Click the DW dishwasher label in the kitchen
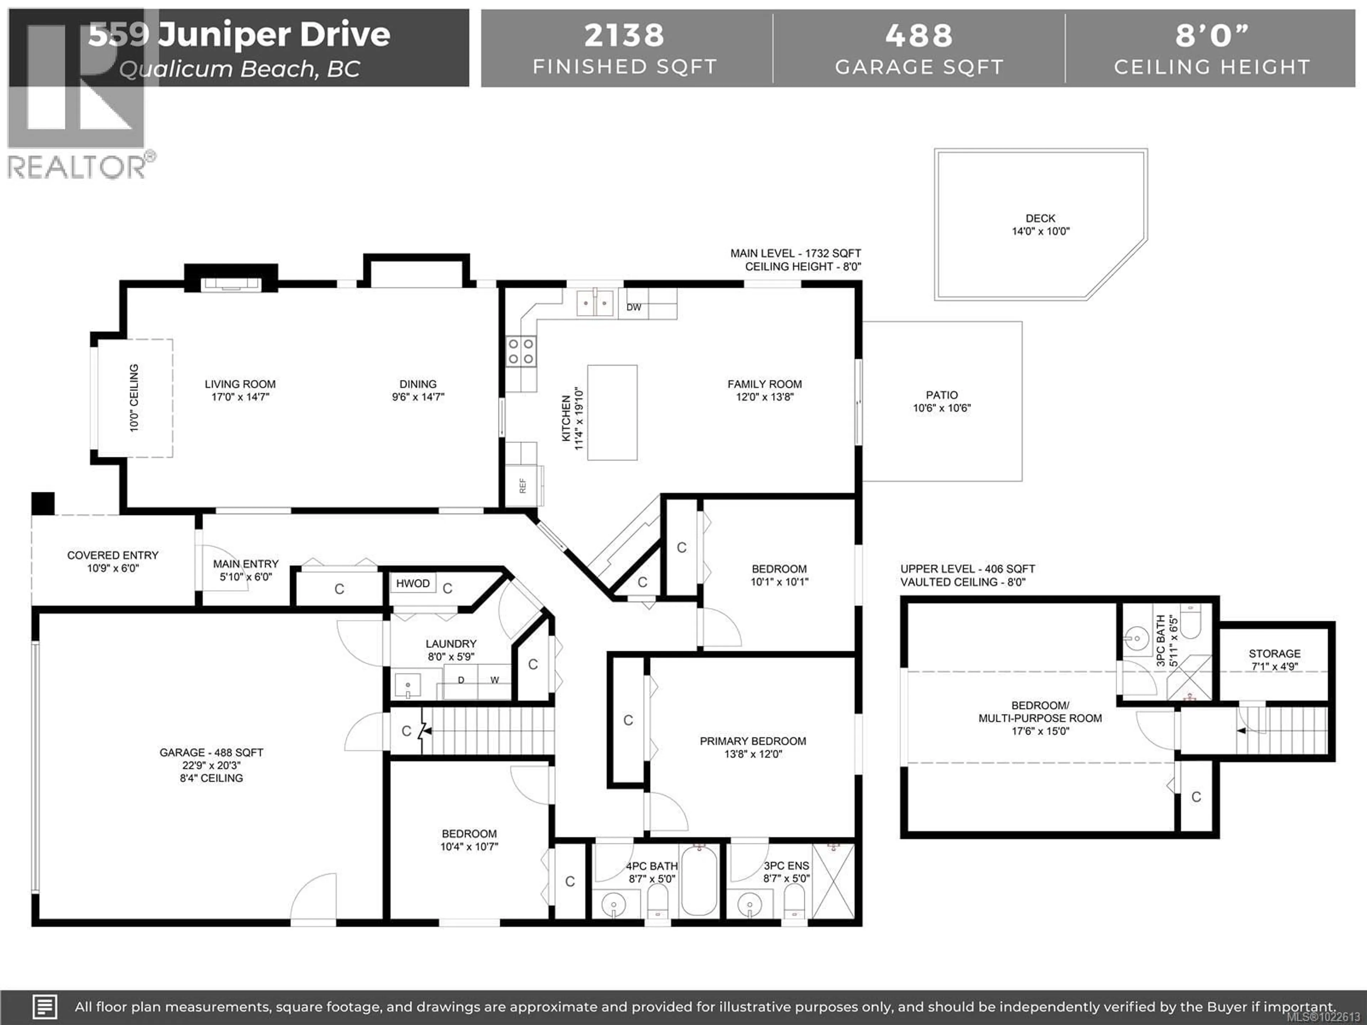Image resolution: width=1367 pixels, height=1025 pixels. (633, 307)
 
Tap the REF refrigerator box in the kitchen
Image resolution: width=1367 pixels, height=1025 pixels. (523, 485)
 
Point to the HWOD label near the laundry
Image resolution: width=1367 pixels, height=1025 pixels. (413, 583)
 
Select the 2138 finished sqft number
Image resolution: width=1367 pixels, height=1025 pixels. (624, 35)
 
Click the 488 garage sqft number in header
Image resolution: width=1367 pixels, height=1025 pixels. (918, 35)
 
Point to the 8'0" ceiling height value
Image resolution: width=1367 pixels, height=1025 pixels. (1211, 35)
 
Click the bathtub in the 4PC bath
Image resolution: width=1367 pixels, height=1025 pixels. (699, 882)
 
